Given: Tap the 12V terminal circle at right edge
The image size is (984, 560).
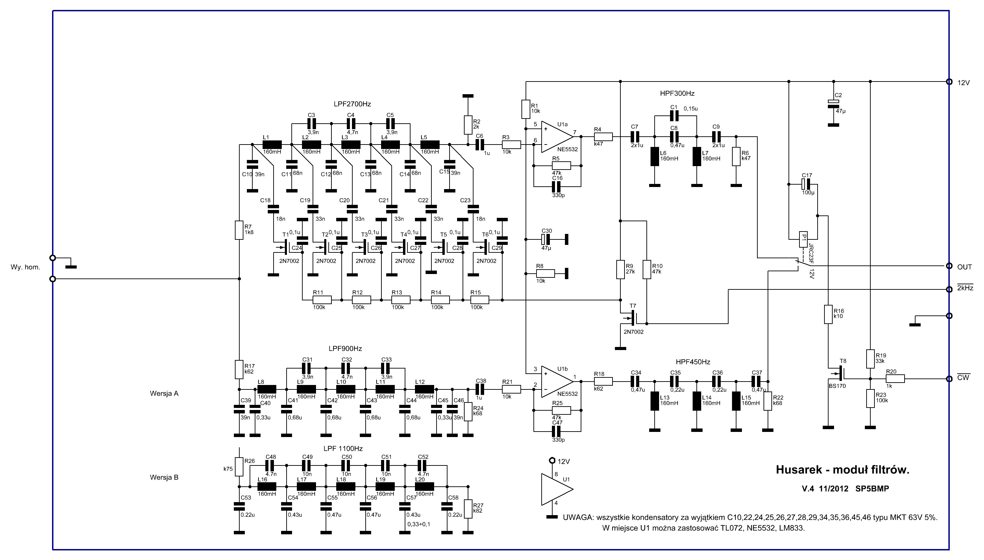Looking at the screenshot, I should pos(949,82).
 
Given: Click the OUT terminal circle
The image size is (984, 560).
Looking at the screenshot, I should pos(949,266).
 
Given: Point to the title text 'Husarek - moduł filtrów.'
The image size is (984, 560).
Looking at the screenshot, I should pos(843,470).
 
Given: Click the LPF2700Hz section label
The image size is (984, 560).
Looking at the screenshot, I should pos(352,104).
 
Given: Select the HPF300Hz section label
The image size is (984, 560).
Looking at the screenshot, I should pos(677,94).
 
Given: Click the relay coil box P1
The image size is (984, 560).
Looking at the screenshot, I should pos(803,239).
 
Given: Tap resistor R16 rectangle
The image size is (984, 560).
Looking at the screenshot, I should pos(828,314).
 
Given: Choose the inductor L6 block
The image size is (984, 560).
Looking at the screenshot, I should pos(655,157).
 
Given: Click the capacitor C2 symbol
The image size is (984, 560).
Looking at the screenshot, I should pos(833,103).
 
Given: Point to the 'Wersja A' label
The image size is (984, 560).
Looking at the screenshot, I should pos(164,394).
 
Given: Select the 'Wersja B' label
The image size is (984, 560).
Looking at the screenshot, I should pos(164,477).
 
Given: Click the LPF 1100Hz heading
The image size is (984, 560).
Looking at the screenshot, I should pos(343,448).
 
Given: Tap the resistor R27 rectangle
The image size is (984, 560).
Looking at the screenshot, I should pos(468,509).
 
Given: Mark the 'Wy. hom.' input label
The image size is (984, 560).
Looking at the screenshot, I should pos(25,267).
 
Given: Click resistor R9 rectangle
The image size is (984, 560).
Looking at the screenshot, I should pos(620,269).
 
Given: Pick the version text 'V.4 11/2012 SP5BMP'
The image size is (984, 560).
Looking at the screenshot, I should pos(845,489).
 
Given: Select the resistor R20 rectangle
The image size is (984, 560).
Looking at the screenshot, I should pos(895,379).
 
